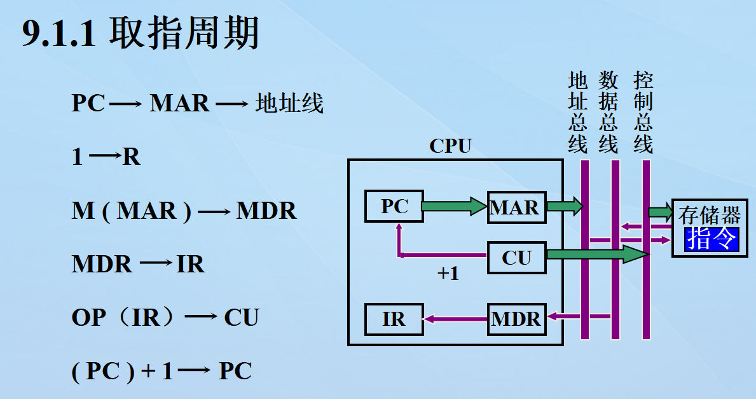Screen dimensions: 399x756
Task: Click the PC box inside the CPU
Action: pyautogui.click(x=394, y=206)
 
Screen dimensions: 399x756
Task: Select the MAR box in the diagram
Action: pyautogui.click(x=516, y=207)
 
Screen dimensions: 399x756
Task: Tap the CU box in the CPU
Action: pyautogui.click(x=516, y=258)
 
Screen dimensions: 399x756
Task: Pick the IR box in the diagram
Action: pyautogui.click(x=394, y=319)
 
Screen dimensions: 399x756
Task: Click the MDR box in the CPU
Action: pyautogui.click(x=516, y=319)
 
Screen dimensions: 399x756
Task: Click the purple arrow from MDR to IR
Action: pyautogui.click(x=455, y=319)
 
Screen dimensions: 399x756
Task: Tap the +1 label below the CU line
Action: pyautogui.click(x=448, y=274)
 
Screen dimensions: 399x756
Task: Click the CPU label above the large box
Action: pyautogui.click(x=450, y=146)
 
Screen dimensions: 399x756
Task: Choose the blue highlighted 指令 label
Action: pyautogui.click(x=711, y=240)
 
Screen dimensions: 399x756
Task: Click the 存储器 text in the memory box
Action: pyautogui.click(x=710, y=214)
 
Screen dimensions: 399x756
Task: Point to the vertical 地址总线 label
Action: pyautogui.click(x=577, y=113)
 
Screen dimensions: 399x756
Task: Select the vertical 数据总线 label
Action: pyautogui.click(x=608, y=113)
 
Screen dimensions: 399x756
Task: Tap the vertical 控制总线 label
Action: pyautogui.click(x=643, y=113)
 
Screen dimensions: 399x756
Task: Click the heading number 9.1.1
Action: pyautogui.click(x=58, y=33)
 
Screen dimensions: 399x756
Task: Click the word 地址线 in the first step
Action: pyautogui.click(x=289, y=103)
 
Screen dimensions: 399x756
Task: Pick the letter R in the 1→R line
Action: pyautogui.click(x=131, y=157)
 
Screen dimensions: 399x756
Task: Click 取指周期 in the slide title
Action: pyautogui.click(x=184, y=33)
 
